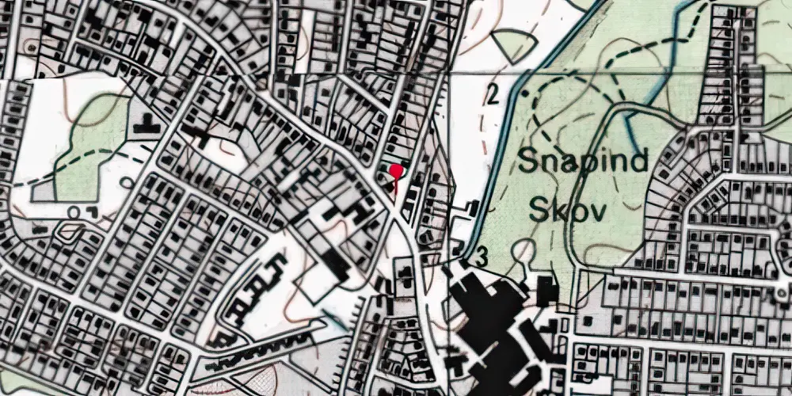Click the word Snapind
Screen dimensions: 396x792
(x=583, y=162)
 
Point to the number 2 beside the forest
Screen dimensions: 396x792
(x=493, y=97)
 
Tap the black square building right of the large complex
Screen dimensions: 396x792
(x=547, y=291)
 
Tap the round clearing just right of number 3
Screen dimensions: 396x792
(x=522, y=253)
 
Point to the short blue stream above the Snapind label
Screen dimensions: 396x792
(x=634, y=119)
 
